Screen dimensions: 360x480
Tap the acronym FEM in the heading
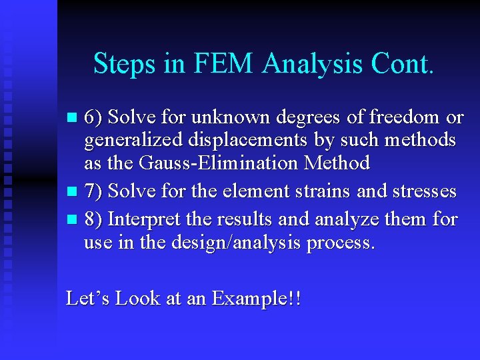tap(219, 64)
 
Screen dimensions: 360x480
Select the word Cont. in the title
tap(403, 64)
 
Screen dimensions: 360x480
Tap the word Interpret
tap(141, 219)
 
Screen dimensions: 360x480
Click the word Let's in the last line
tap(88, 298)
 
